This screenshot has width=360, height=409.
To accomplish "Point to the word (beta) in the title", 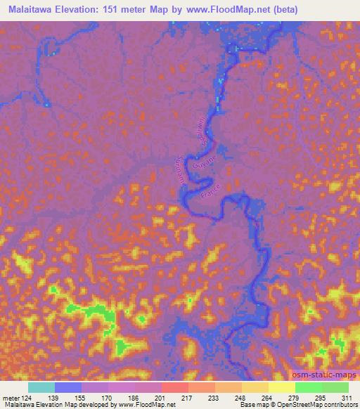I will coord(284,10).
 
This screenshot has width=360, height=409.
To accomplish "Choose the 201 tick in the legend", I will coord(161,398).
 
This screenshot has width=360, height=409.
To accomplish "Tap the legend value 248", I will coord(241,398).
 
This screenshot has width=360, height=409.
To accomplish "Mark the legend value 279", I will coord(295,398).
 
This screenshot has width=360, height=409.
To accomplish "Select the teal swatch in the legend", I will coord(41,387).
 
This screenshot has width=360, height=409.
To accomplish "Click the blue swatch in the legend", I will coord(68,387).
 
